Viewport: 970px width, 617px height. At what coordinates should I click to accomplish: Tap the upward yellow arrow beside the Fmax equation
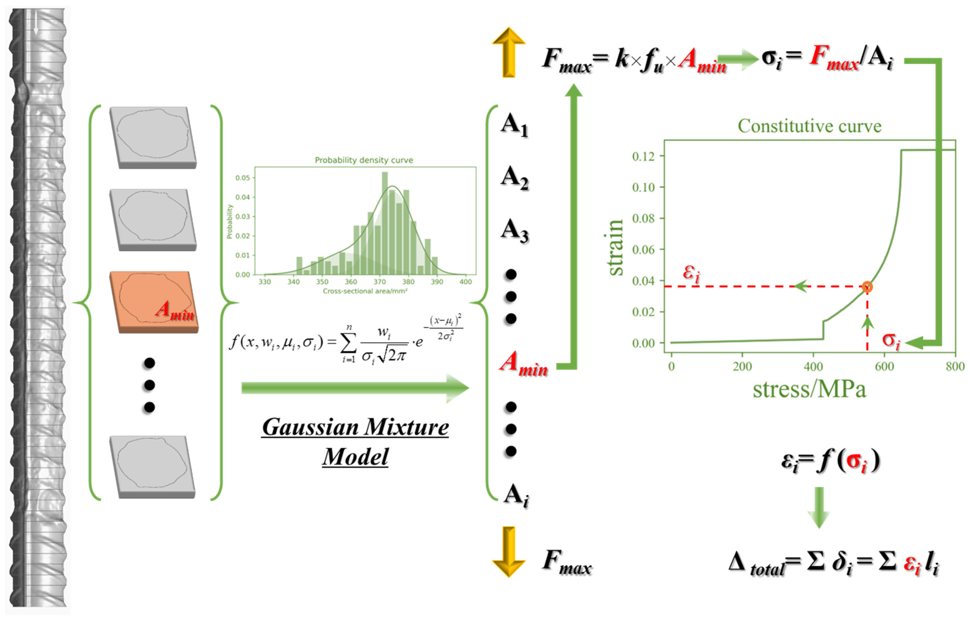pos(509,52)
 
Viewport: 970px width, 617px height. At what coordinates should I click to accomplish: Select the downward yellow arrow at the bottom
pos(509,551)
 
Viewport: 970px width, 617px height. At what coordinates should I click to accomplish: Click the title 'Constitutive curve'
pos(809,126)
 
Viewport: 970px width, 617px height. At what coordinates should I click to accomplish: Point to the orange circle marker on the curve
pos(867,287)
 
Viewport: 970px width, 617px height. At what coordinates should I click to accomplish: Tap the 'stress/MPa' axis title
pos(809,390)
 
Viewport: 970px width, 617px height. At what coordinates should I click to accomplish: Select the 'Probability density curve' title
pos(364,160)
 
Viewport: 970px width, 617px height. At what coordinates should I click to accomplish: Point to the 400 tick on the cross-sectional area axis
pos(466,282)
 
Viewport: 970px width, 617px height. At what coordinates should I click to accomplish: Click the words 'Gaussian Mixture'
pos(355,427)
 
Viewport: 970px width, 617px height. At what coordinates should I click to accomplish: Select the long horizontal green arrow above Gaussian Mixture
pos(354,388)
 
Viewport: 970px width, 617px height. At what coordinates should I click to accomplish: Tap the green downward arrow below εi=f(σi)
pos(819,507)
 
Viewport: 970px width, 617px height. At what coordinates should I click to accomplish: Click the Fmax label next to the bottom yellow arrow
pos(567,562)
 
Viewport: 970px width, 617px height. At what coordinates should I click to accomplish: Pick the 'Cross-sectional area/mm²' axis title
pos(365,291)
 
